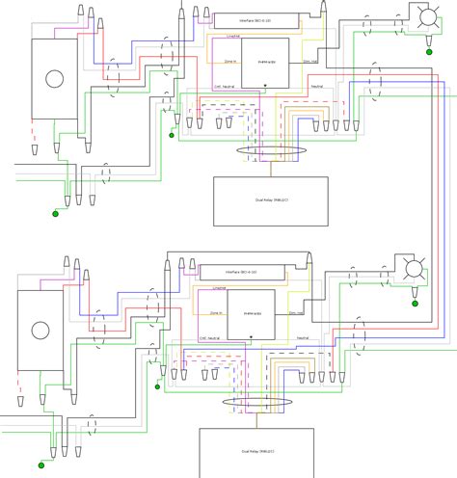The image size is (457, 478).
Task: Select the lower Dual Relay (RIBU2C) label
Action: coord(255,451)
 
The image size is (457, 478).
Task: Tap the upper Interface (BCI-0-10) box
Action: coord(255,17)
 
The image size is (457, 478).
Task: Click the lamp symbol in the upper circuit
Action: coord(422,16)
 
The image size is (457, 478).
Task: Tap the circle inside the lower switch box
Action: coord(40,331)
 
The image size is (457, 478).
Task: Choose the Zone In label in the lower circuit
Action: coord(218,313)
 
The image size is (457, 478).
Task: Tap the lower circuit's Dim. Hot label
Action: coord(297,313)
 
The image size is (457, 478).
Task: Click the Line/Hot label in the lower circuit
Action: coord(218,287)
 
